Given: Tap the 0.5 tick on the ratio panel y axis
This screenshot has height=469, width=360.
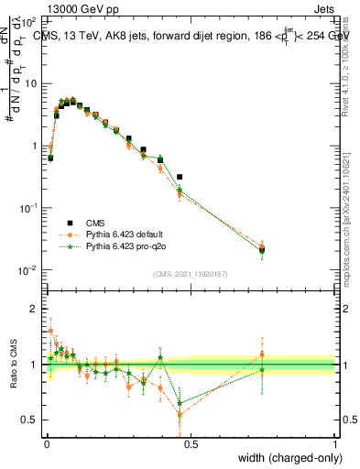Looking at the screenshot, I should tap(30, 420).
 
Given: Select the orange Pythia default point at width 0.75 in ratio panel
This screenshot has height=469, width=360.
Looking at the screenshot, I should tap(262, 354).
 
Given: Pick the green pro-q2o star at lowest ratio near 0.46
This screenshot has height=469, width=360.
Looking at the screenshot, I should tap(180, 403).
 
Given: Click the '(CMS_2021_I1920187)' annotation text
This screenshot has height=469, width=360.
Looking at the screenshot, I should tap(190, 274).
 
